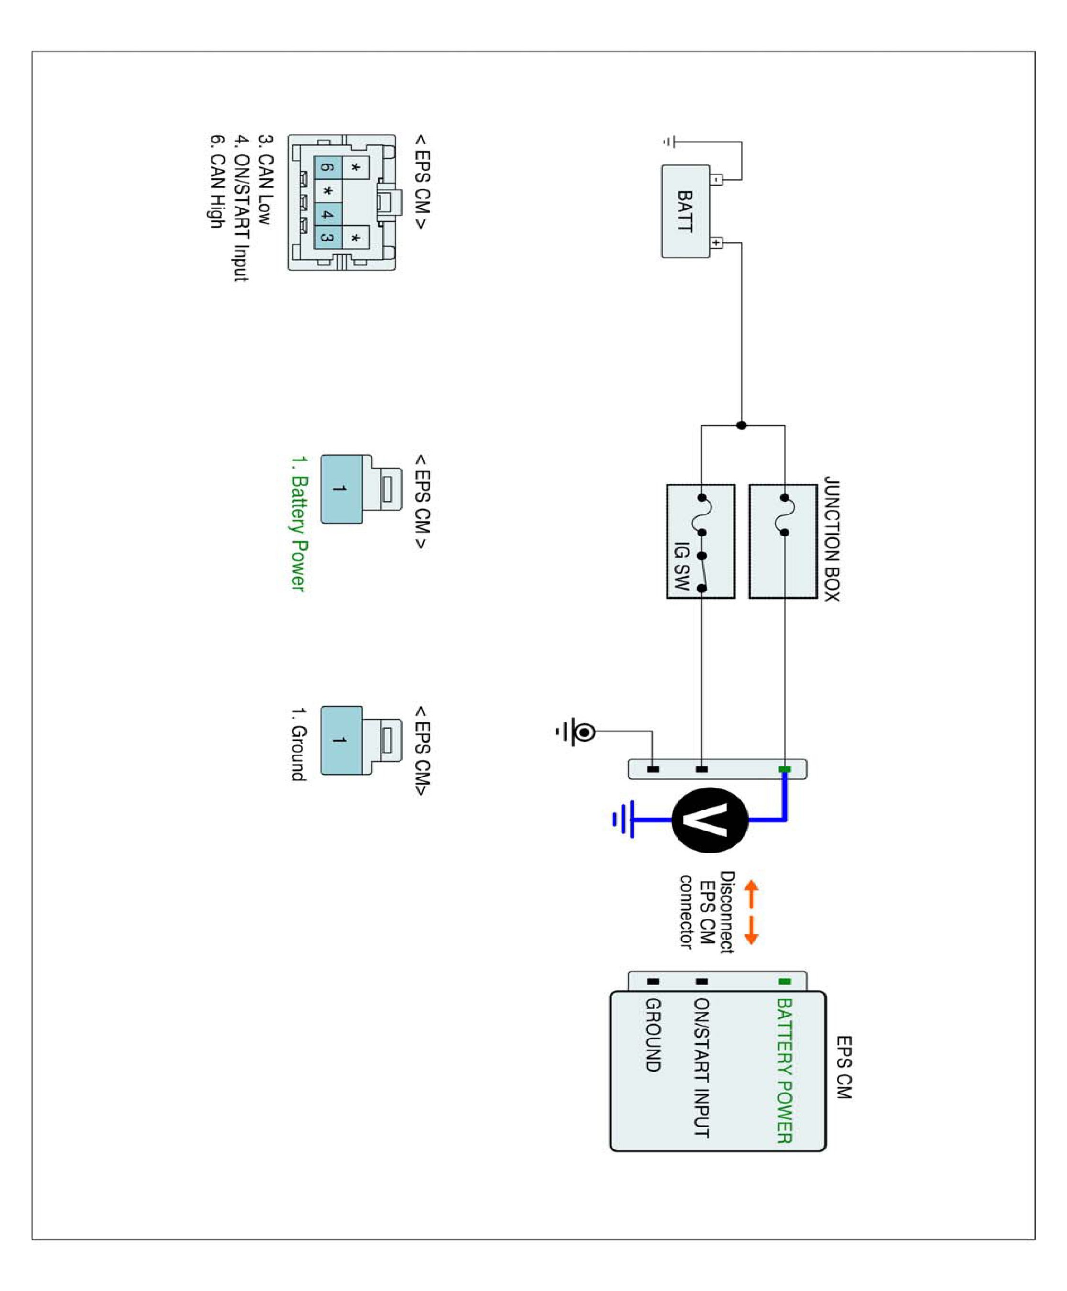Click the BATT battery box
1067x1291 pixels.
(x=685, y=211)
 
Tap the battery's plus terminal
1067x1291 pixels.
(x=717, y=242)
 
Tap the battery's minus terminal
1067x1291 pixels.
(x=717, y=180)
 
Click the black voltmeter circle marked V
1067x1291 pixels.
(x=710, y=820)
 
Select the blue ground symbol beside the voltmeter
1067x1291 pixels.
(x=624, y=820)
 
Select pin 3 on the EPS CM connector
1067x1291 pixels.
(x=328, y=238)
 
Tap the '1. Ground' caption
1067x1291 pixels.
(x=298, y=744)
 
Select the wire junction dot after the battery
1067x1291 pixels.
(x=742, y=425)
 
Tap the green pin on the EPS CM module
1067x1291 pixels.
(x=785, y=982)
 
